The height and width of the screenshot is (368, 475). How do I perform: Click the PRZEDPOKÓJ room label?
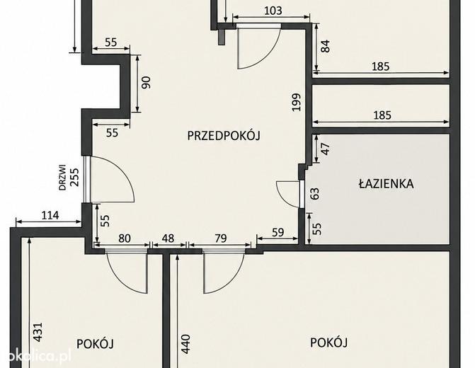coord(224,135)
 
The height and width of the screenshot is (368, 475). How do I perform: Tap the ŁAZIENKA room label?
coord(387,183)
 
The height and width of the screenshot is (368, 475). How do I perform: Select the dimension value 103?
coord(273,11)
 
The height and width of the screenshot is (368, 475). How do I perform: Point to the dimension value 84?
coord(325,46)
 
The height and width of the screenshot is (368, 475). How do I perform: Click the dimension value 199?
coord(297,102)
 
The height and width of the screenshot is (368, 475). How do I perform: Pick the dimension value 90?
coord(146,82)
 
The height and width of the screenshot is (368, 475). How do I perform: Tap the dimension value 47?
coord(325,149)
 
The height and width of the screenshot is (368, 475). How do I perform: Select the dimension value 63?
coord(315,193)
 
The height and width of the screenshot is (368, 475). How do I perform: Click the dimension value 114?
coord(50,215)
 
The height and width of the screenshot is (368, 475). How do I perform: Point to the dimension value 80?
coord(124,238)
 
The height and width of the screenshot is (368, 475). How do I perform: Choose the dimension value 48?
coord(168,238)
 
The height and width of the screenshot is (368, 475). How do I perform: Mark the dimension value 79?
coord(221,238)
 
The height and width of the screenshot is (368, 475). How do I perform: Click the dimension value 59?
coord(277,232)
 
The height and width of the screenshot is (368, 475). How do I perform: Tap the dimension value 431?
coord(38,332)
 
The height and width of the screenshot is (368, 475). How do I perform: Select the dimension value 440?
coord(185,344)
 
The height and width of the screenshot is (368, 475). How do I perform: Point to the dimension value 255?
coord(74,177)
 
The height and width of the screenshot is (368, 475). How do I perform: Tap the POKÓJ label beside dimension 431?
coord(95,344)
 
